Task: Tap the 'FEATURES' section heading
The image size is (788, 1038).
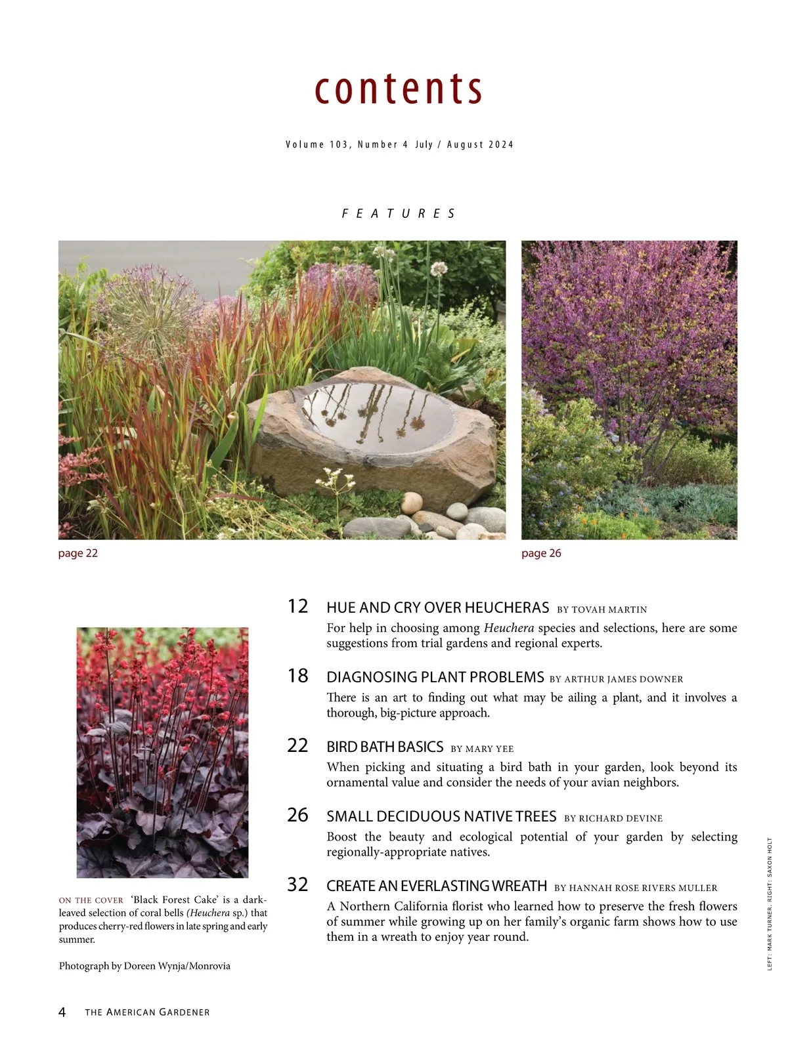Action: (x=399, y=214)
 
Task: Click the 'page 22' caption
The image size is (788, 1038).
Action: (x=77, y=553)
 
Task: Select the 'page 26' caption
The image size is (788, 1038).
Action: (x=541, y=553)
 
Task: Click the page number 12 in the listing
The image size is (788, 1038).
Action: (x=297, y=606)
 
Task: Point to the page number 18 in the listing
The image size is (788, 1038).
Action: (x=297, y=676)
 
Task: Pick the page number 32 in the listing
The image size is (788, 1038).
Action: (x=297, y=884)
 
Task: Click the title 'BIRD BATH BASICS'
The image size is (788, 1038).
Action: (x=385, y=747)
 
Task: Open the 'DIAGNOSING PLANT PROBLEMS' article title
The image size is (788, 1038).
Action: (x=435, y=677)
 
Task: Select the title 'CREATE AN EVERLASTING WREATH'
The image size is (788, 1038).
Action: (x=437, y=886)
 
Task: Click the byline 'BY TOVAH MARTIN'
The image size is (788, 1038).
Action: (x=602, y=610)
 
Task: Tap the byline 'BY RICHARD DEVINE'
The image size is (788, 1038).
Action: (x=613, y=818)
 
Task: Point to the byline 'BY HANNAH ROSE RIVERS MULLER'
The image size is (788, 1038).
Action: (x=636, y=888)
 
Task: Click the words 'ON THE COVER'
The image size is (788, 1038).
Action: (x=91, y=900)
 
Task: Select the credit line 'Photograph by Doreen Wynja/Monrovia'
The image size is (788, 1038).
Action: (x=144, y=966)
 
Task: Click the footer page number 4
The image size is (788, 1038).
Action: (x=62, y=1012)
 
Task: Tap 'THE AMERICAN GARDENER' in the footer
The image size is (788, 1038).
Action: (x=147, y=1012)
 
